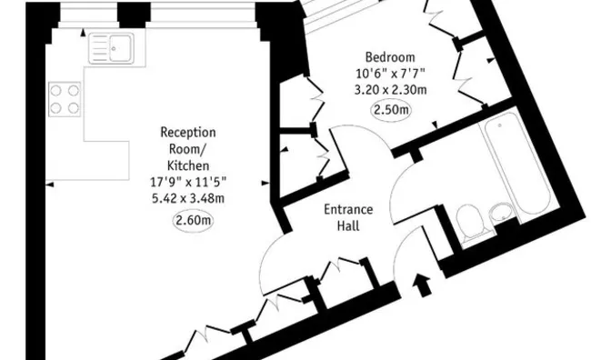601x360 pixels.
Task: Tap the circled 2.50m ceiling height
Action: (x=391, y=110)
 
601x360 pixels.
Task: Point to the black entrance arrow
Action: (x=422, y=283)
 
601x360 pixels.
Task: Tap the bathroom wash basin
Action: (x=503, y=215)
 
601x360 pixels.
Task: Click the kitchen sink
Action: (x=112, y=48)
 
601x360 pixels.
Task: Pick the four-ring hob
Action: (x=64, y=98)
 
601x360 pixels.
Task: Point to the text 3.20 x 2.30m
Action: (x=390, y=90)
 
